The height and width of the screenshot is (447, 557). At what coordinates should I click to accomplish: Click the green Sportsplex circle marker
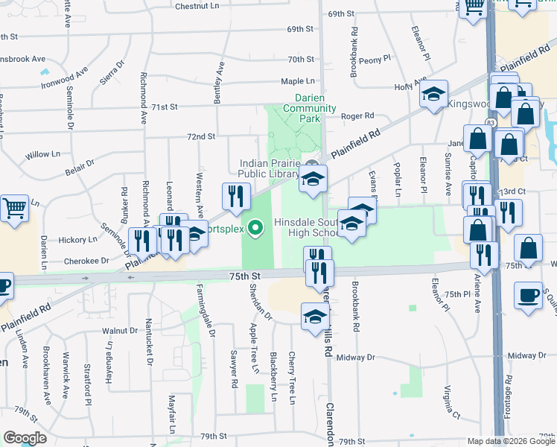click(255, 227)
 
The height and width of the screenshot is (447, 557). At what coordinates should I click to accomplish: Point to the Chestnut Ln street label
click(197, 6)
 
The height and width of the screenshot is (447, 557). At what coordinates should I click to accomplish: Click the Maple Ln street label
click(297, 81)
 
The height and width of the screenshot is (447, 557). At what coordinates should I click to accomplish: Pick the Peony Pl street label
click(375, 59)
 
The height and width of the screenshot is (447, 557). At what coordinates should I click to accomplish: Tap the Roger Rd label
click(357, 116)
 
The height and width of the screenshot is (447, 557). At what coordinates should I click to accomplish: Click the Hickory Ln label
click(78, 240)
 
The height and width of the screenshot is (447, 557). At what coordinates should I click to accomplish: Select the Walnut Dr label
click(121, 330)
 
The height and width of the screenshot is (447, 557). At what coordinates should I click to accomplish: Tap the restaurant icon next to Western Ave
click(236, 197)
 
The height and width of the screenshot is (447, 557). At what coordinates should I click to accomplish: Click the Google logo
click(25, 438)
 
